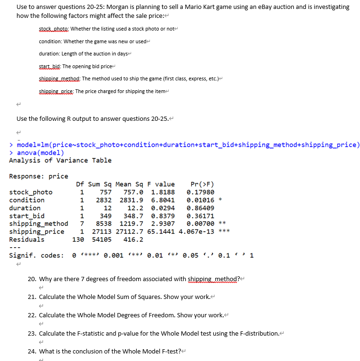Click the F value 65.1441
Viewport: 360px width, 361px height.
point(163,231)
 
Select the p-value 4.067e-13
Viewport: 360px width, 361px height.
point(201,231)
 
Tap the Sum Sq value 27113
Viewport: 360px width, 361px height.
point(102,231)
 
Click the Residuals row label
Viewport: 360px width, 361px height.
point(27,239)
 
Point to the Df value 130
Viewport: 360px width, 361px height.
point(78,239)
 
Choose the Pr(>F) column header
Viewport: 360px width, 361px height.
point(202,184)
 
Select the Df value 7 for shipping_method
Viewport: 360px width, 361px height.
point(82,223)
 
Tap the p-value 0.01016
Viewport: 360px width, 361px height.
point(200,200)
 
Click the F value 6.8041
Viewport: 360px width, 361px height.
point(163,200)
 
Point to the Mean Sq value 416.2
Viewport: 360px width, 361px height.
point(133,239)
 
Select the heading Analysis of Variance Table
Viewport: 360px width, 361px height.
point(60,160)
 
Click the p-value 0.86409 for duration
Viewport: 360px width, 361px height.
point(200,208)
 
